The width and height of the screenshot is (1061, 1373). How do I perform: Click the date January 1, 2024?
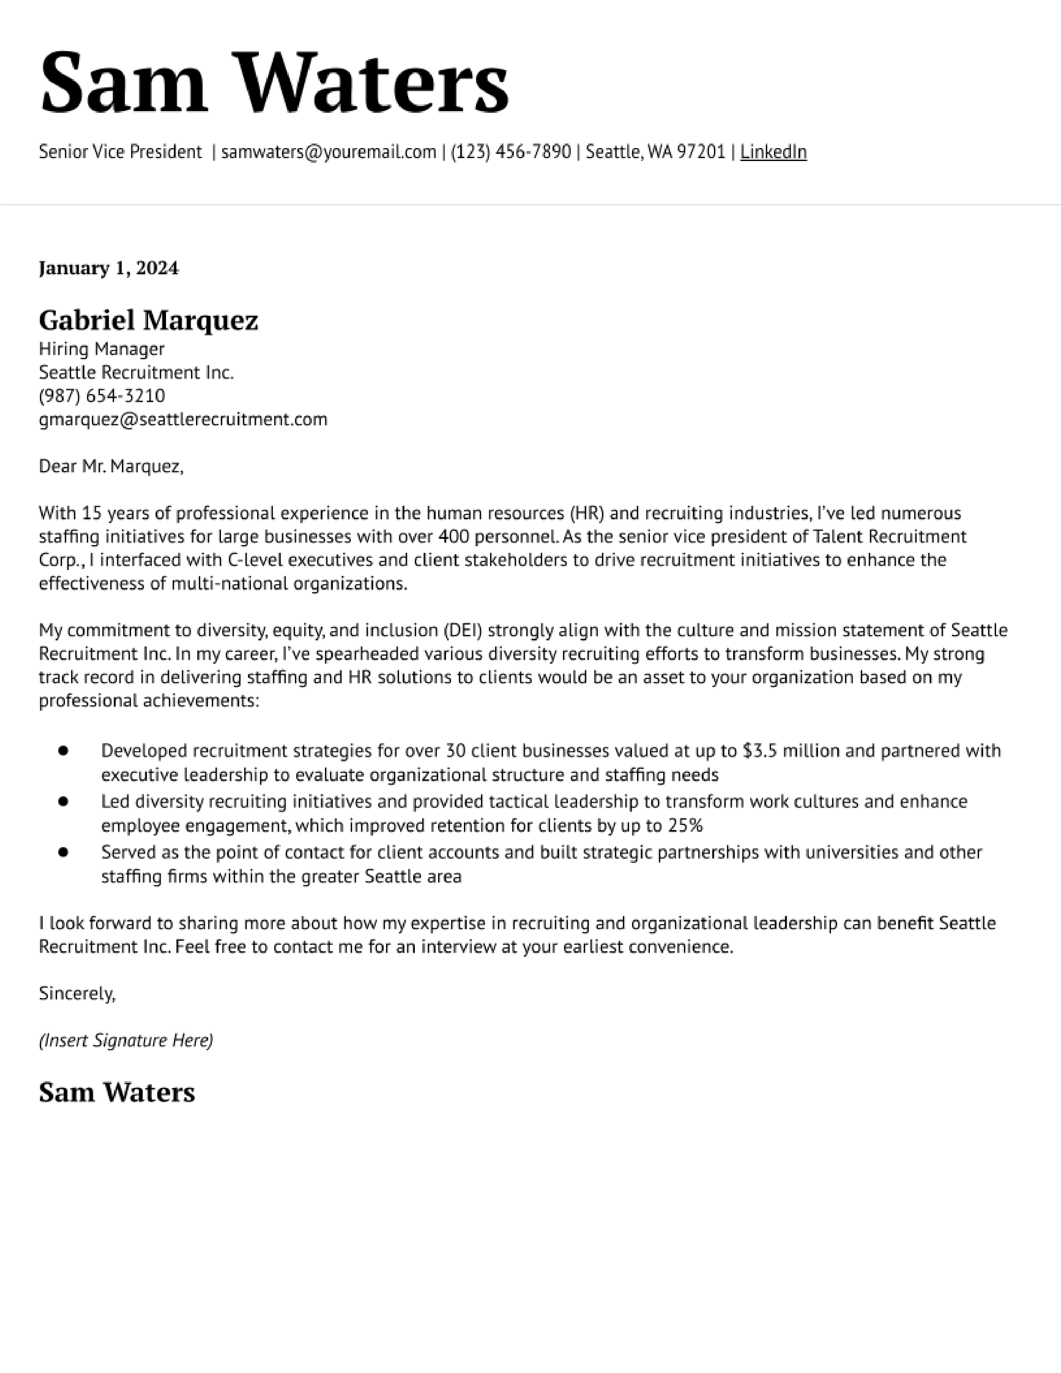coord(109,268)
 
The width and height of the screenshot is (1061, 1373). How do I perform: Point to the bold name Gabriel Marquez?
coord(149,321)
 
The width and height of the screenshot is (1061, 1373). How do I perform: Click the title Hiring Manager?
coord(102,349)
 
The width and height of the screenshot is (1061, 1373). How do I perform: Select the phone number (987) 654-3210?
coord(102,396)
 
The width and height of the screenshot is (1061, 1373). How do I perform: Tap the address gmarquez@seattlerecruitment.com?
coord(183,419)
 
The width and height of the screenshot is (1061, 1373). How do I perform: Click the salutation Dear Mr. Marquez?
coord(111,466)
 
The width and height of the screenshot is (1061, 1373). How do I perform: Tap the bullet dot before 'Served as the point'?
coord(63,853)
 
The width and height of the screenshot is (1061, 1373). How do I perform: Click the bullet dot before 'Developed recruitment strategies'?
coord(63,751)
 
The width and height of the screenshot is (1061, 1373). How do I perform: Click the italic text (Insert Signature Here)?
coord(126,1041)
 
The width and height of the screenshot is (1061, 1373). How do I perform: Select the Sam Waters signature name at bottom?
coord(117,1093)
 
